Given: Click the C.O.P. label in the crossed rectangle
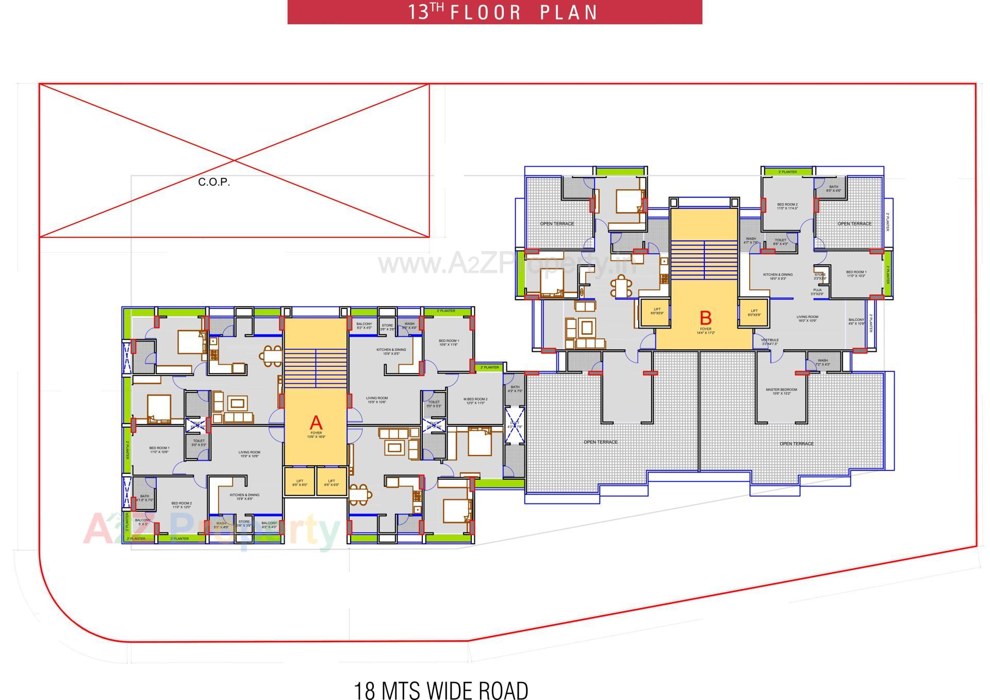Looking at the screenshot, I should coord(213,182).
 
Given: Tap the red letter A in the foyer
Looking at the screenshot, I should coord(316,423).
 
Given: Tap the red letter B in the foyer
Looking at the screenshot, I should coord(705,318).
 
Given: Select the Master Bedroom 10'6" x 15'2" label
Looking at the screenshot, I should coord(781,392).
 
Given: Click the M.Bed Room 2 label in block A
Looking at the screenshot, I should coord(475,401).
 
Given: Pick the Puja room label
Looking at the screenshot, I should coord(817,292).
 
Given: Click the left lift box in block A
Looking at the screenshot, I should coord(300,482).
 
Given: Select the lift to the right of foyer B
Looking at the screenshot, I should coord(754,313).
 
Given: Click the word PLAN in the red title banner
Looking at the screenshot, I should coord(568,12).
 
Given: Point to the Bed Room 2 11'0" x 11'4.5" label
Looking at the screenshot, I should coord(787,206).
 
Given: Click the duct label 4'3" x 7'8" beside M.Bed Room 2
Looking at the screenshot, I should coord(514,425).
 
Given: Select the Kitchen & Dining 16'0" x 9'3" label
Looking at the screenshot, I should coord(778,276).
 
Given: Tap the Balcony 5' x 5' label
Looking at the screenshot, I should coord(142,522).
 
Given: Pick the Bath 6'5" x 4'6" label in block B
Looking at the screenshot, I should coord(833,188).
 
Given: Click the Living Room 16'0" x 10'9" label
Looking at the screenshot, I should coord(807,319).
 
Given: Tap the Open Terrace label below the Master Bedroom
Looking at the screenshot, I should coord(796,444).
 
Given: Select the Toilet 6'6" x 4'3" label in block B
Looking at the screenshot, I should coord(780,241).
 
